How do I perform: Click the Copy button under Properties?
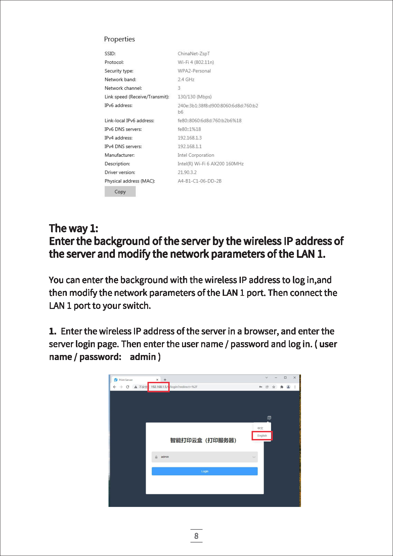[120, 192]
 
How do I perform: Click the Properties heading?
[119, 39]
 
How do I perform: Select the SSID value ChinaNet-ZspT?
[193, 53]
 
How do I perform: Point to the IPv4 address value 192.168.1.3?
[189, 138]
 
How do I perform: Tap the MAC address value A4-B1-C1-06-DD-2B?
[200, 181]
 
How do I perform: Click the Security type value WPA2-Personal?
[194, 71]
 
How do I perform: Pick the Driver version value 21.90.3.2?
[187, 172]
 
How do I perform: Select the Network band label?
[120, 80]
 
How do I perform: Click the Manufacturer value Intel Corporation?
[196, 155]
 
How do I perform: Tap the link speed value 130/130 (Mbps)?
[194, 97]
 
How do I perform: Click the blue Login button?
[205, 471]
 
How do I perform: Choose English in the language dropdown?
[262, 436]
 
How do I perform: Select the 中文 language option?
[260, 428]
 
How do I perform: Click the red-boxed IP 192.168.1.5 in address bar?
[159, 387]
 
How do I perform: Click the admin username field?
[205, 457]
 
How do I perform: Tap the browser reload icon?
[128, 387]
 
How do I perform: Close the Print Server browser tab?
[157, 380]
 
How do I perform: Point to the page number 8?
[196, 536]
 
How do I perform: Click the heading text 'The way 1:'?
[74, 229]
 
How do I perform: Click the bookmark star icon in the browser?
[274, 387]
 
